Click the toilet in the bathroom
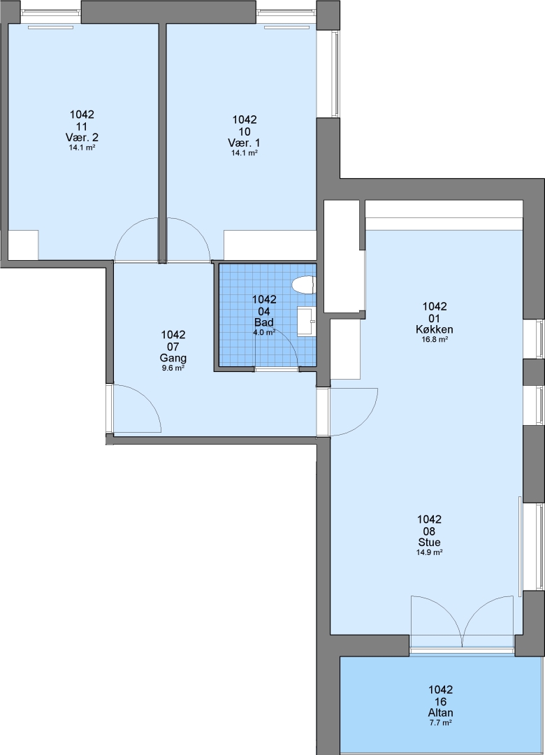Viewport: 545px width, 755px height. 303,284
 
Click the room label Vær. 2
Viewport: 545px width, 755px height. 82,138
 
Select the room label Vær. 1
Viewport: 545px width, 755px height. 245,143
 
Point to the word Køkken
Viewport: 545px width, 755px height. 435,330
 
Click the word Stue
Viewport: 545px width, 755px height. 429,542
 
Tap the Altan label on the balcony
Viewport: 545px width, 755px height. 440,713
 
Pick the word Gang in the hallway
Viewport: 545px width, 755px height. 173,358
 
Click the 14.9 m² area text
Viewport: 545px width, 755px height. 430,553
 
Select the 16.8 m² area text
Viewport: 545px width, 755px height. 435,340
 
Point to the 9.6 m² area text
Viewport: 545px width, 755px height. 173,368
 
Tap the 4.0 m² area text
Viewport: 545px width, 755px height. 264,332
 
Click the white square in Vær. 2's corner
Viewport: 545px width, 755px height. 23,245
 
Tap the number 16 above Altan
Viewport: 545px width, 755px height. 440,702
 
